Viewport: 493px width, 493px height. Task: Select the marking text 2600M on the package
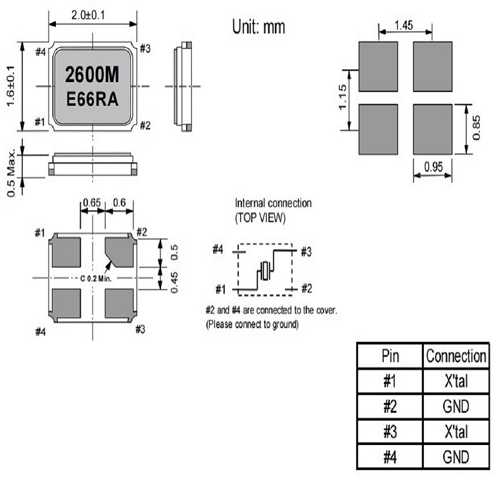point(92,75)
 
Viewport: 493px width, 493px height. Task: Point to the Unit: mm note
point(259,27)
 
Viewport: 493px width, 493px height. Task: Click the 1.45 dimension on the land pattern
point(405,26)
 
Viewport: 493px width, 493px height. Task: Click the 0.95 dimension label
point(432,167)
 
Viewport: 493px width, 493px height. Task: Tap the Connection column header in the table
point(456,356)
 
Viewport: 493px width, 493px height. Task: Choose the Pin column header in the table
point(390,356)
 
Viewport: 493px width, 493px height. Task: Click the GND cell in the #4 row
point(456,457)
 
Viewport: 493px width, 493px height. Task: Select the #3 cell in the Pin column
point(390,432)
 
